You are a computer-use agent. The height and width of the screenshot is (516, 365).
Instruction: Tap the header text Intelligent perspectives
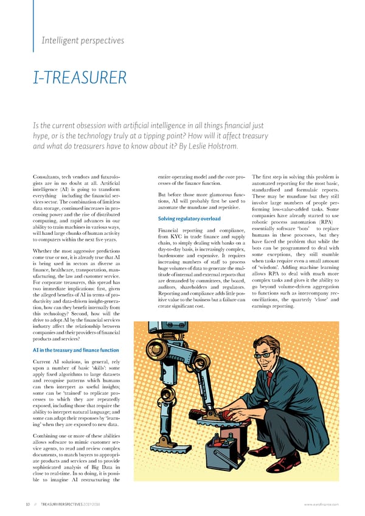(82, 41)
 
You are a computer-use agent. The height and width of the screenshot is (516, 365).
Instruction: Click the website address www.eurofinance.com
(323, 503)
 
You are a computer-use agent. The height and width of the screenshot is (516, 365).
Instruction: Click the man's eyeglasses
(265, 354)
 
